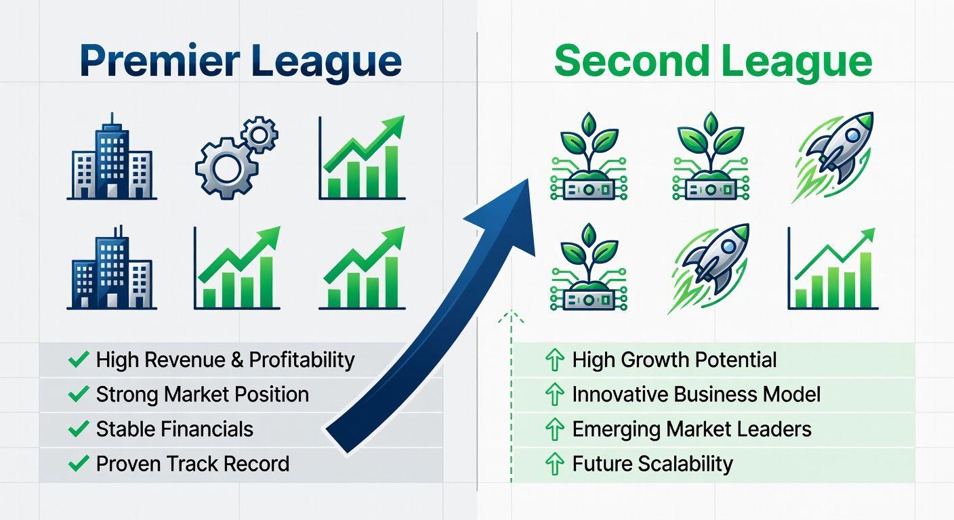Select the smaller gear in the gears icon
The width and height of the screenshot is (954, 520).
pos(260,135)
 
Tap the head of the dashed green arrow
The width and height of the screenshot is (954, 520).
pos(511,318)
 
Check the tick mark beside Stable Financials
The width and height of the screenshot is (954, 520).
pos(79,429)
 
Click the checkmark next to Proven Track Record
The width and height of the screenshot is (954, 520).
pos(79,463)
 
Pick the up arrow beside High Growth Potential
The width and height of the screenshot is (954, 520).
pos(554,360)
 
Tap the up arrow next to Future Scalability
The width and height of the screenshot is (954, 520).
pos(554,464)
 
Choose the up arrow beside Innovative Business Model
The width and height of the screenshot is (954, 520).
pos(554,395)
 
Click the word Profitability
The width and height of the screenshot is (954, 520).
pos(302,360)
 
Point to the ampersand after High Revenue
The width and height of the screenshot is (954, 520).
pos(237,360)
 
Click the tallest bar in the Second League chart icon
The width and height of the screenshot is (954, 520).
pos(866,280)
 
